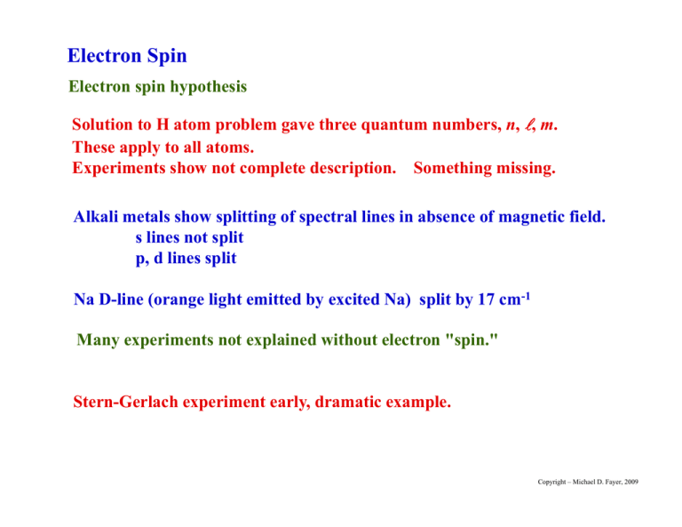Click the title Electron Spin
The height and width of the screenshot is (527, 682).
pyautogui.click(x=127, y=56)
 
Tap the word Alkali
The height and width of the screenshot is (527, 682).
pyautogui.click(x=99, y=216)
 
